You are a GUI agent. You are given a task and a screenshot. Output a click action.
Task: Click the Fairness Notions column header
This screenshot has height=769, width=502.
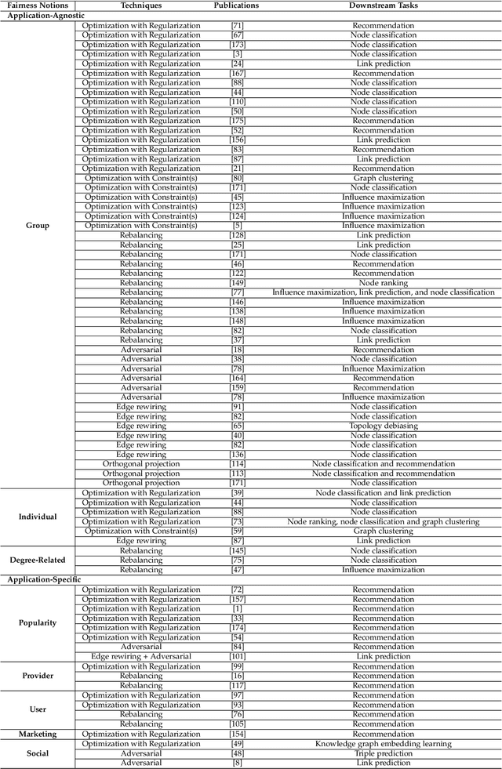[x=38, y=5]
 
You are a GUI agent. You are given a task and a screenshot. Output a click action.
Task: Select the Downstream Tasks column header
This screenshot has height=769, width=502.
[x=384, y=5]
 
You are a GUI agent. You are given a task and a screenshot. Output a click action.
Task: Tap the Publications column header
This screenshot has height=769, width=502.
[x=236, y=5]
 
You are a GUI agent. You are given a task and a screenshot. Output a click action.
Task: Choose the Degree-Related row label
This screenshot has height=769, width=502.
[x=38, y=560]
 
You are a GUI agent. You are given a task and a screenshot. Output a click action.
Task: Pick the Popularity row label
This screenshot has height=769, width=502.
[x=38, y=622]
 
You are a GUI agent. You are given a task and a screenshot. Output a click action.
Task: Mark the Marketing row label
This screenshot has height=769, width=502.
[x=38, y=734]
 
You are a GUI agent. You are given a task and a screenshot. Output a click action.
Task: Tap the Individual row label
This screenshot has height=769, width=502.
[x=38, y=517]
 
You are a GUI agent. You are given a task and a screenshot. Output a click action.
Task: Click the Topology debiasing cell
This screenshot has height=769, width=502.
[x=384, y=426]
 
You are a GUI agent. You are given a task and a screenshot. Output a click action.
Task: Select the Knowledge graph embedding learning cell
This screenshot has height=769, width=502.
[x=384, y=743]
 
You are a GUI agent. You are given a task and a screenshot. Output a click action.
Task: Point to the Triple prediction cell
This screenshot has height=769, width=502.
[x=384, y=753]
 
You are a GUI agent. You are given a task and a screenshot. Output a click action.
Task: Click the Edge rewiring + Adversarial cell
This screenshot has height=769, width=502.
[x=141, y=657]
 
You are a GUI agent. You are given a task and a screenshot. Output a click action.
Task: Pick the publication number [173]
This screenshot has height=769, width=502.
[x=237, y=45]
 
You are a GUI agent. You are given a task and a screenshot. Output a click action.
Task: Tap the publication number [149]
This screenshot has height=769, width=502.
[x=237, y=283]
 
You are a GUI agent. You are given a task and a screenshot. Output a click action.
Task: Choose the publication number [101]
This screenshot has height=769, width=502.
[x=237, y=657]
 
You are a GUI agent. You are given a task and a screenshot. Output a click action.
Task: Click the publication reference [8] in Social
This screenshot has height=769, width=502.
[x=237, y=762]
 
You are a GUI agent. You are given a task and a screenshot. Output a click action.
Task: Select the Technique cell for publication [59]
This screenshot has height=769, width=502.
[x=141, y=531]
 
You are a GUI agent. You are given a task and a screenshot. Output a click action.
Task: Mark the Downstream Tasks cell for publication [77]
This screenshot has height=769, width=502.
[x=384, y=292]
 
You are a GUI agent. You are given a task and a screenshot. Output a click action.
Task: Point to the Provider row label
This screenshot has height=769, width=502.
[x=38, y=676]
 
